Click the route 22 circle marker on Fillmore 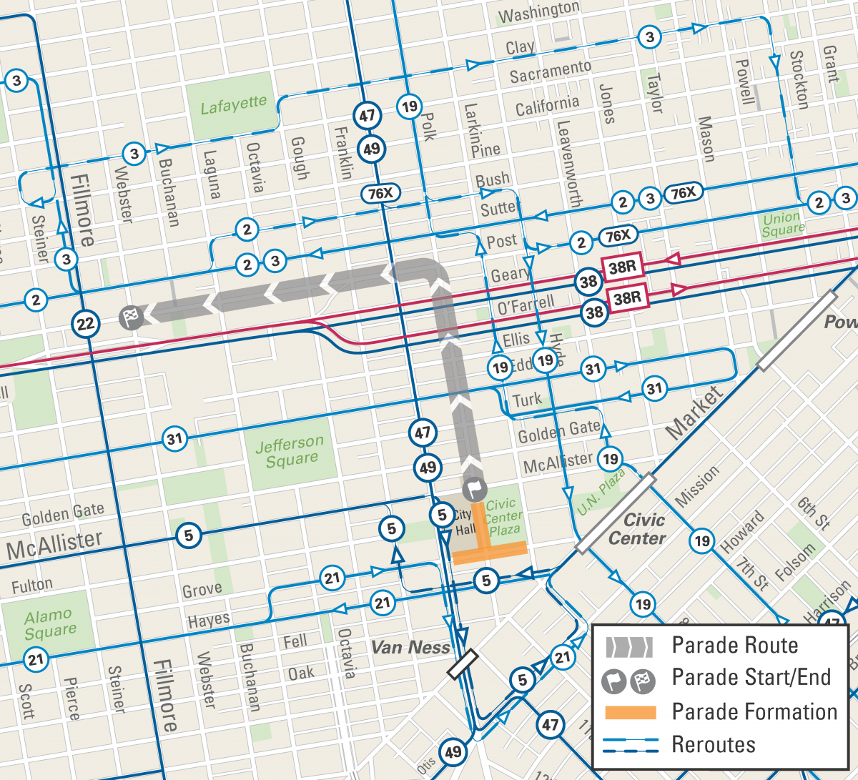pyautogui.click(x=85, y=325)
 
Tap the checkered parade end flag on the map pyautogui.click(x=131, y=317)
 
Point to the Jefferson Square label pyautogui.click(x=290, y=452)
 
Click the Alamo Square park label pyautogui.click(x=49, y=623)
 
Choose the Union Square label pyautogui.click(x=782, y=224)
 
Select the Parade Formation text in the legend pyautogui.click(x=754, y=712)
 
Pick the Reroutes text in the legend pyautogui.click(x=713, y=745)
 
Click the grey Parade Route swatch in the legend pyautogui.click(x=630, y=646)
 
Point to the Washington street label pyautogui.click(x=538, y=12)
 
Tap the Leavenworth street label pyautogui.click(x=569, y=164)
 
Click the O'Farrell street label pyautogui.click(x=526, y=306)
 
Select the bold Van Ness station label pyautogui.click(x=410, y=648)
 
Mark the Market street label pyautogui.click(x=694, y=413)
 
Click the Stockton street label pyautogui.click(x=799, y=80)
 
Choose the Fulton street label pyautogui.click(x=32, y=586)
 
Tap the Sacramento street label pyautogui.click(x=550, y=71)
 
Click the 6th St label pyautogui.click(x=814, y=513)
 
